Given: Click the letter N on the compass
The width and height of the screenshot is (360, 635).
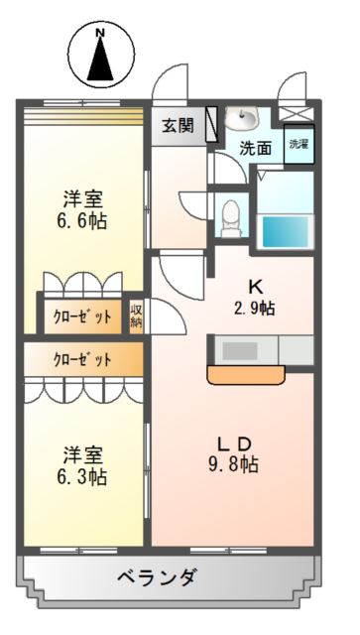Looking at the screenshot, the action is (x=100, y=33).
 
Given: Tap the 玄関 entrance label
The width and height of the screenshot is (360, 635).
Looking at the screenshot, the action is (x=178, y=126).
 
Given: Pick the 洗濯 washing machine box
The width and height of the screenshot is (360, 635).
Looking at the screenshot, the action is (x=299, y=145).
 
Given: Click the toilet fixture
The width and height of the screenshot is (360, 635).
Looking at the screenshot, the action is (x=231, y=218).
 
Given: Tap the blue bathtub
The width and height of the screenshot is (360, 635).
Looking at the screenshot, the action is (x=286, y=231).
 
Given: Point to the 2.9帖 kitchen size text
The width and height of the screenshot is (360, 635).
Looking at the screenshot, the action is (x=255, y=310).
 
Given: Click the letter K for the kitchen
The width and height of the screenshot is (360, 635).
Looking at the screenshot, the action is (x=255, y=288).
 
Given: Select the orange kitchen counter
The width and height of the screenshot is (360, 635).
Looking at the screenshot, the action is (x=246, y=374).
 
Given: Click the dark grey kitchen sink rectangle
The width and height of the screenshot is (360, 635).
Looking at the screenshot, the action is (x=240, y=350).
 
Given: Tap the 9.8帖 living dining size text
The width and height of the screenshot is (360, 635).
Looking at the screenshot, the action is (x=233, y=465).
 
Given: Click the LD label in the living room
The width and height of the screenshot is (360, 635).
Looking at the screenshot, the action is (x=235, y=444).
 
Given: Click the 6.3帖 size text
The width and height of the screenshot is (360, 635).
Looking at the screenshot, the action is (x=81, y=477).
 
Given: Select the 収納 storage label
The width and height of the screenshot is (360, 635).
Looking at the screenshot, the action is (x=137, y=317).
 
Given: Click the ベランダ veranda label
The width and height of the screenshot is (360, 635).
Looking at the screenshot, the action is (x=158, y=577).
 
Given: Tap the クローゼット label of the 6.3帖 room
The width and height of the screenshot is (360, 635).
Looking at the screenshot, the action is (x=82, y=359).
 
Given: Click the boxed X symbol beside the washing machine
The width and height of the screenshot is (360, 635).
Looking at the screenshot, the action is (x=297, y=113).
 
